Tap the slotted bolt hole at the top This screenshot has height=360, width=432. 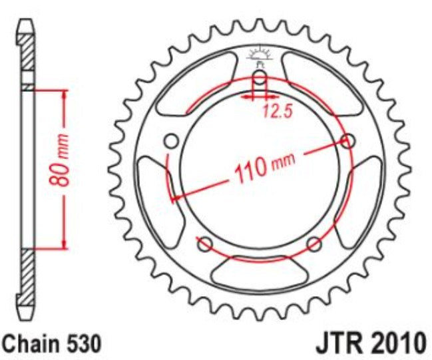click(260, 83)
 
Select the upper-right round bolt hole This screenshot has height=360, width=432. click(347, 140)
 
